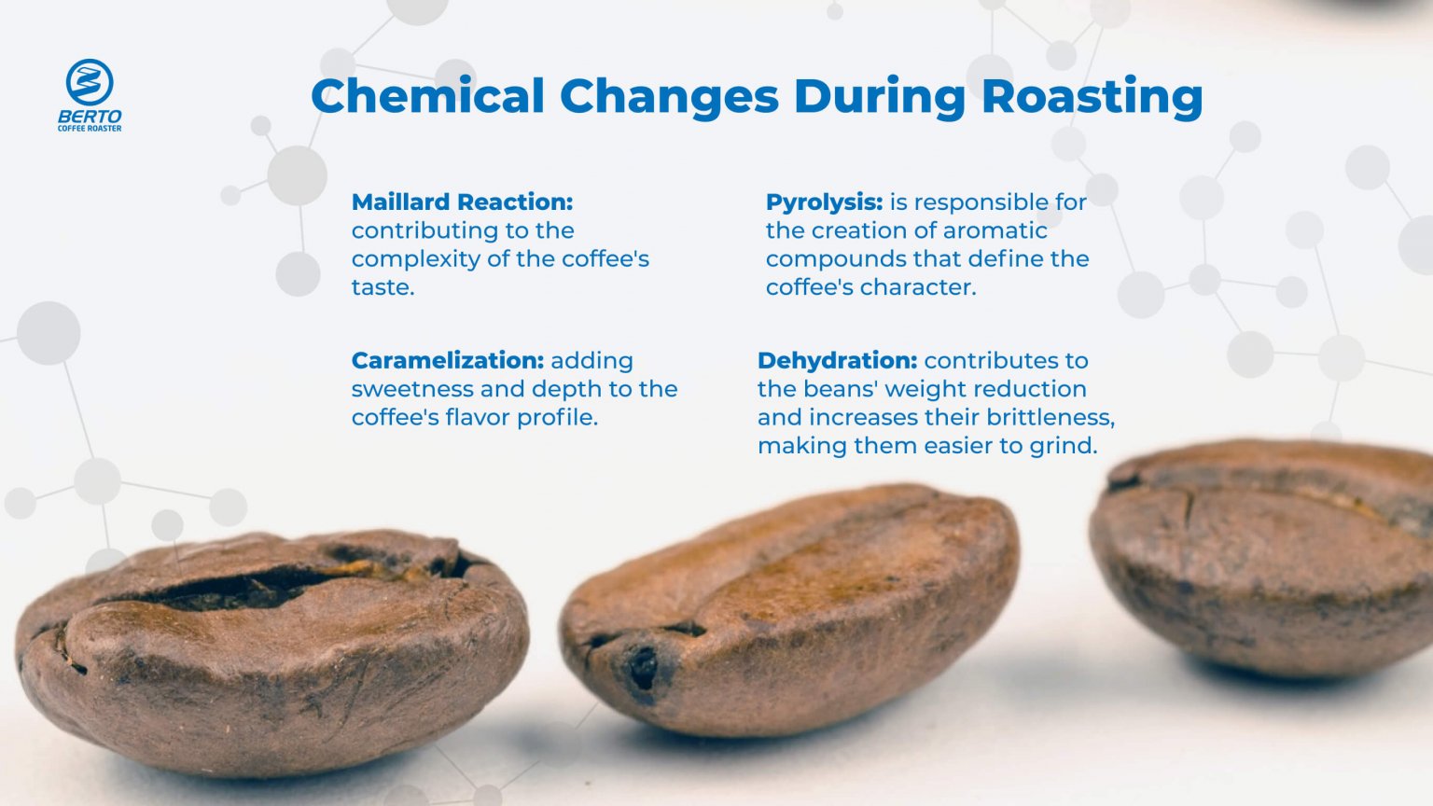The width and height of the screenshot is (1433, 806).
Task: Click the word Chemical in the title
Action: point(427,96)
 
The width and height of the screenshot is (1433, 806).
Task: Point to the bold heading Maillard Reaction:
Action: point(462,202)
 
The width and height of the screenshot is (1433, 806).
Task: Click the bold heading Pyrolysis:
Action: point(824,202)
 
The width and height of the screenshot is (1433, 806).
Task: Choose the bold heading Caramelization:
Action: point(447,361)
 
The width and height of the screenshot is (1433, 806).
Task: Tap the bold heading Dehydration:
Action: point(837,361)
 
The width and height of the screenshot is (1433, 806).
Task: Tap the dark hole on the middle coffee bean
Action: point(643,666)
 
